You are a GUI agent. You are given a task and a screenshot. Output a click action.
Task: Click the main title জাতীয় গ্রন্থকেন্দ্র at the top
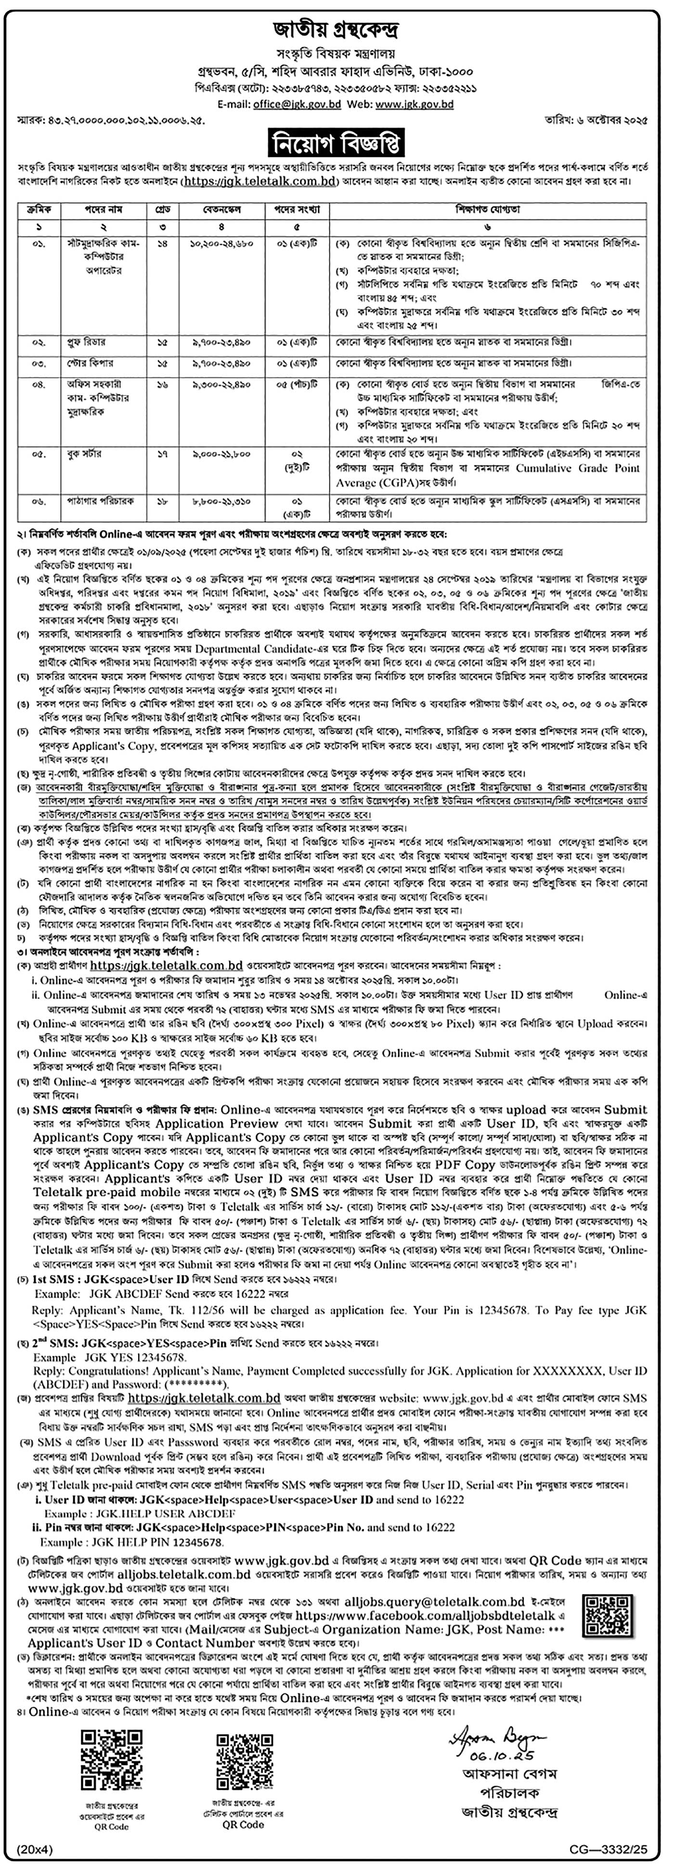[336, 31]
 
